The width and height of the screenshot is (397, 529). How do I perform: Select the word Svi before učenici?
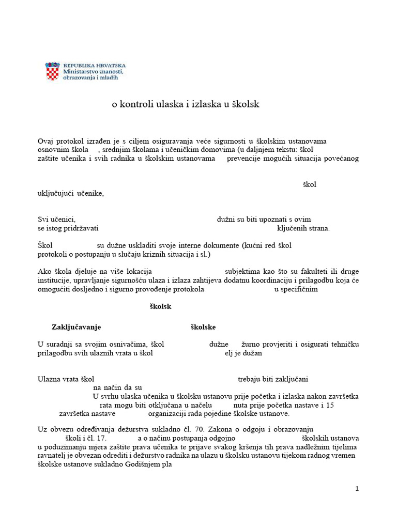(43, 219)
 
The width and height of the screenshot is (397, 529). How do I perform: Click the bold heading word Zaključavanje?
(76, 327)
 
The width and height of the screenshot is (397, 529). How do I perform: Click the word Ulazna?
(49, 379)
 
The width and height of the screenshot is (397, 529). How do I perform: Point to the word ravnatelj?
(52, 456)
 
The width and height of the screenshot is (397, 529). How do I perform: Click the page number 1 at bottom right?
(357, 489)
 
